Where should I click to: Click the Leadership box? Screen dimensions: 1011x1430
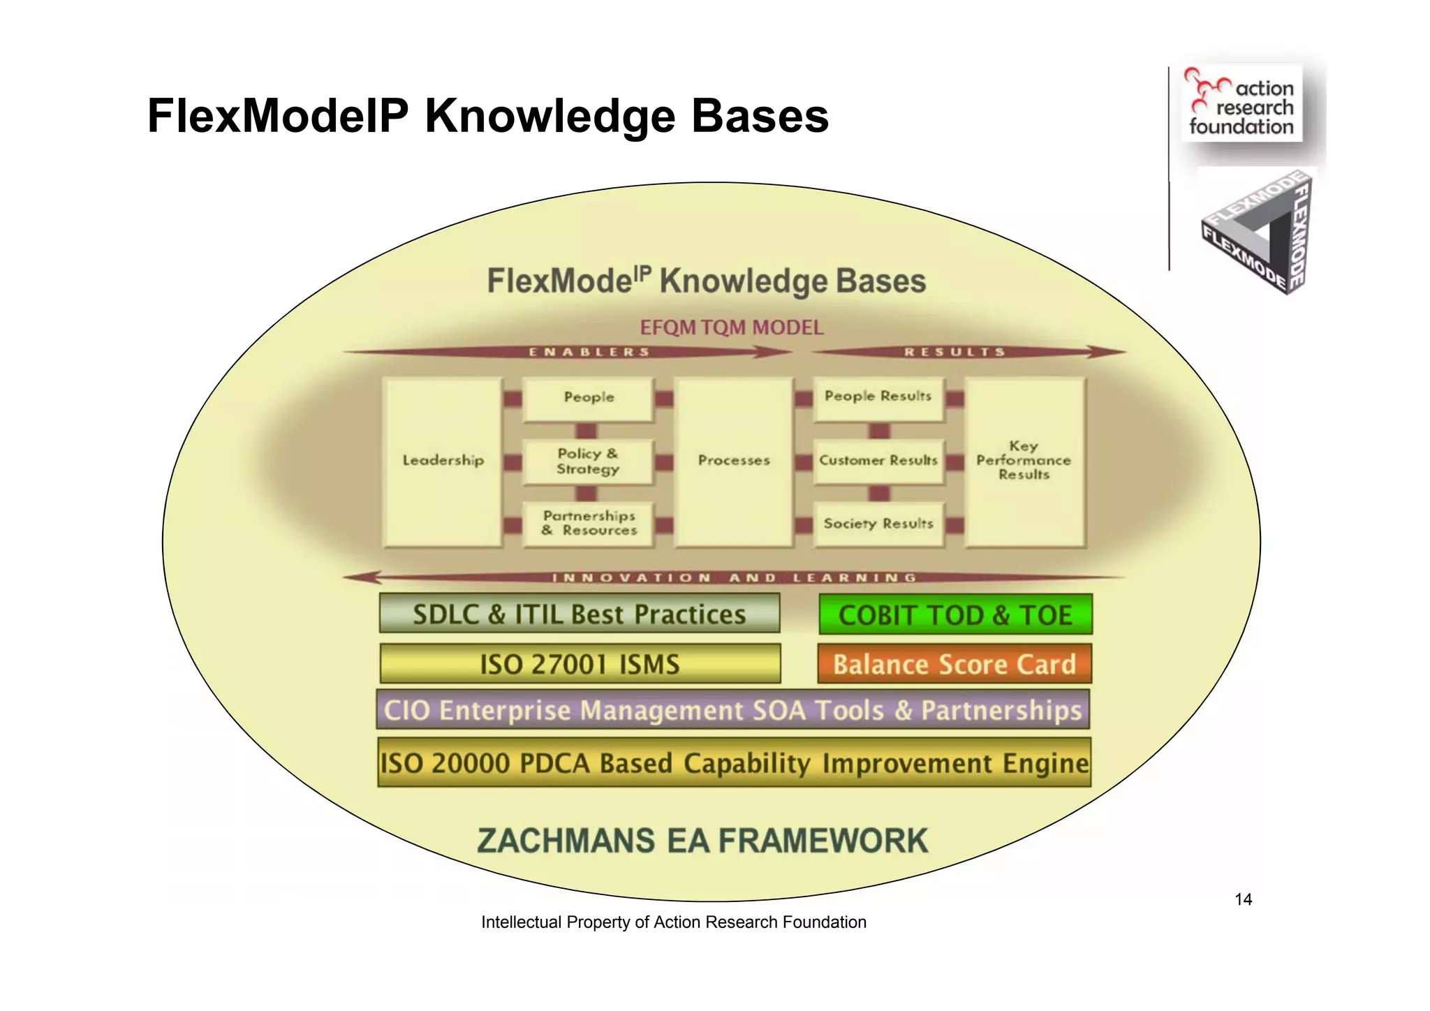tap(443, 461)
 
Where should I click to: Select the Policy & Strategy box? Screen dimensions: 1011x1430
tap(588, 462)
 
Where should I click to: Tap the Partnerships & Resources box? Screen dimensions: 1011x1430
tap(589, 523)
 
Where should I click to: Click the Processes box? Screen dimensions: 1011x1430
tap(733, 461)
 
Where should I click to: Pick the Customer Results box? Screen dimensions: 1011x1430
tap(878, 461)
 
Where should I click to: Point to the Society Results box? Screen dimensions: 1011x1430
tap(878, 524)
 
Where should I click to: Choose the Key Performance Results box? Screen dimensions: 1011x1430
tap(1024, 461)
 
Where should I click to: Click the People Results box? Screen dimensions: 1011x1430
tap(878, 397)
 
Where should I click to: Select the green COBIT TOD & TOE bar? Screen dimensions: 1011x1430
tap(955, 614)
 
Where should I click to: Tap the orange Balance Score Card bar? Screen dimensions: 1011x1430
tap(954, 664)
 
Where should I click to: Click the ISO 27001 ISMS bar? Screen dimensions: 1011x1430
tap(580, 664)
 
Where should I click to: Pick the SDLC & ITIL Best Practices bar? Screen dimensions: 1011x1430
tap(580, 614)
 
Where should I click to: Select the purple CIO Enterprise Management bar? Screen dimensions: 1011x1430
tap(732, 710)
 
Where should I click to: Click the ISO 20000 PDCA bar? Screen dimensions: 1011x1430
tap(734, 762)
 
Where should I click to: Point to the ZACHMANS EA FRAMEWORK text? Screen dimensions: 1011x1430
tap(702, 841)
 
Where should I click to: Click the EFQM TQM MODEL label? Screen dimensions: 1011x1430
tap(731, 327)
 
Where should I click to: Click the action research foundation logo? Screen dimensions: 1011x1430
tap(1241, 104)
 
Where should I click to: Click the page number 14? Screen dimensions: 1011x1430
tap(1243, 900)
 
